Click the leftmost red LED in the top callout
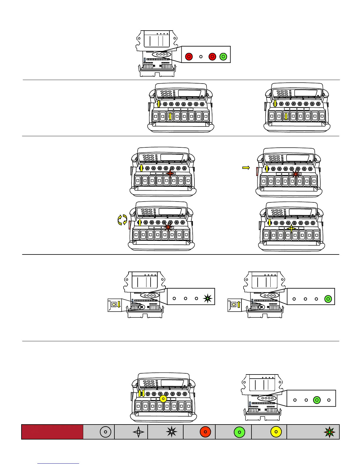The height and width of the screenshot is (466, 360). point(189,56)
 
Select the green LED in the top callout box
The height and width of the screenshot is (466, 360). point(223,56)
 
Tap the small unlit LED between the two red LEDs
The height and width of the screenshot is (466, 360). point(201,56)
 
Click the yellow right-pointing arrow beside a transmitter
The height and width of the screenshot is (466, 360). point(246,168)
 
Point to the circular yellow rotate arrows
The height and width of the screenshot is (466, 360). point(122,220)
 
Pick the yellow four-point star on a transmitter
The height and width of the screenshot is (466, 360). point(291,228)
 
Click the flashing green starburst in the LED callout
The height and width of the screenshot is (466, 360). point(208,298)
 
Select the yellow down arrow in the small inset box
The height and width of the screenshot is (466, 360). point(119,304)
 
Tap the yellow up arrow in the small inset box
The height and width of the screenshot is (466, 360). point(239,304)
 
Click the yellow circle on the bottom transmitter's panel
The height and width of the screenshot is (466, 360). point(163,399)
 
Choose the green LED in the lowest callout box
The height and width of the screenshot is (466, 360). point(317,400)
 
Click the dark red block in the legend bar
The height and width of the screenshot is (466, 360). point(52,432)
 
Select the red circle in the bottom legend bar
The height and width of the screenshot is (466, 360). point(205,432)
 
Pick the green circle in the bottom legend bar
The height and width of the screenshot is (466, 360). point(239,432)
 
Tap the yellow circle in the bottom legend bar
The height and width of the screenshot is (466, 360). point(276,432)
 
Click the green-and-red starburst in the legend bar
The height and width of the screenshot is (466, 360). point(329,432)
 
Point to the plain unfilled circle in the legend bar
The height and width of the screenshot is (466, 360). point(105,432)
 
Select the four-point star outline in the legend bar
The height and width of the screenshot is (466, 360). point(139,432)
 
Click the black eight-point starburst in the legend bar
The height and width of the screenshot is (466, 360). point(171,432)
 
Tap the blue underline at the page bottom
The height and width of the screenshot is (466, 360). point(58,463)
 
